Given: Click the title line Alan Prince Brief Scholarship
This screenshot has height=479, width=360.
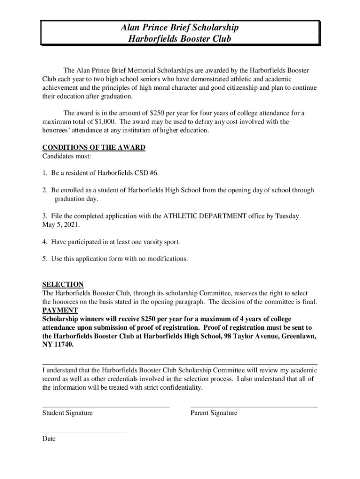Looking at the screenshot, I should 180,28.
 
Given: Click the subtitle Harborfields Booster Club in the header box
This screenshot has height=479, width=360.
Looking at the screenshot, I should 180,39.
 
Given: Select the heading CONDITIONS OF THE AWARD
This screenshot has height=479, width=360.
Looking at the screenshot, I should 94,147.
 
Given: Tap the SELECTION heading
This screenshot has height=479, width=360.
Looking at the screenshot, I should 63,284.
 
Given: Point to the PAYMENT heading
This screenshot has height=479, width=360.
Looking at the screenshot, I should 60,310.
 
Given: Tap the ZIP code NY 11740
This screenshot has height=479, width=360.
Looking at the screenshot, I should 58,344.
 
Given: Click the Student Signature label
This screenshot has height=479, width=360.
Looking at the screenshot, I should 67,413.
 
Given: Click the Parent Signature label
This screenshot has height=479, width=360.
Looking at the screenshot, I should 214,413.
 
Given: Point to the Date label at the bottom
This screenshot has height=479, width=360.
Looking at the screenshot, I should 49,439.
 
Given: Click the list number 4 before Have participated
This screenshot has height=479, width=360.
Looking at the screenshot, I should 44,242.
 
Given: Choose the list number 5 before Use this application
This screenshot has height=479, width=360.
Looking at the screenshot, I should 44,259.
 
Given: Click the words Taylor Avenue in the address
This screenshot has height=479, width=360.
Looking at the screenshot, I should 258,336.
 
